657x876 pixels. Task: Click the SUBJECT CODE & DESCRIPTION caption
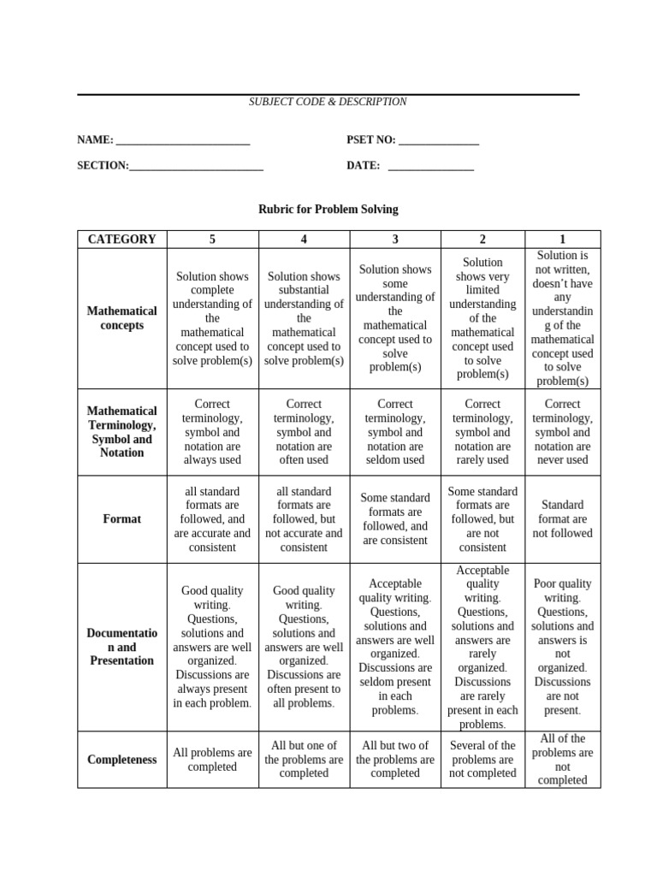coord(328,102)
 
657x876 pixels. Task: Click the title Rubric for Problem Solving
coord(328,209)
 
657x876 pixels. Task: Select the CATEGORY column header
coord(122,240)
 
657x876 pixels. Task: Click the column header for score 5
coord(212,240)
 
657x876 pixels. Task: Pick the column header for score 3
coord(394,240)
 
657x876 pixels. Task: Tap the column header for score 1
coord(562,240)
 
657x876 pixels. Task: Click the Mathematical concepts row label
coord(122,318)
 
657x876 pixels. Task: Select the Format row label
coord(122,519)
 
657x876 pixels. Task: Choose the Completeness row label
coord(122,760)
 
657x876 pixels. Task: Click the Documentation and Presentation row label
coord(122,647)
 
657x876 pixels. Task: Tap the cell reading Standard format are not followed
coord(562,519)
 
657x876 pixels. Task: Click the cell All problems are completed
coord(212,760)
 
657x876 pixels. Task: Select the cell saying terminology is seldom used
coord(394,432)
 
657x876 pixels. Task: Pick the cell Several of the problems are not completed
coord(482,760)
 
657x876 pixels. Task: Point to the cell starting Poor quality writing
coord(562,647)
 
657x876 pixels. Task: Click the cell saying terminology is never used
coord(562,432)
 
